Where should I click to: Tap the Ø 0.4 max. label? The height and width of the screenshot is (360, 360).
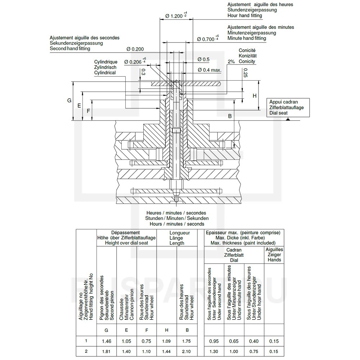[x=209, y=69]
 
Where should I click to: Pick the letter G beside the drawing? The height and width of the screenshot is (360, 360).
[x=69, y=100]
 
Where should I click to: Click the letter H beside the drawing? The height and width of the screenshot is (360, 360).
[x=254, y=96]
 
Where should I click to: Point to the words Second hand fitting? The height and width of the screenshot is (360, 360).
[x=70, y=48]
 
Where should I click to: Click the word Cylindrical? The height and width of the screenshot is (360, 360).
[x=105, y=73]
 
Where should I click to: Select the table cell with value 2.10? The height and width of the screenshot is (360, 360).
[x=187, y=351]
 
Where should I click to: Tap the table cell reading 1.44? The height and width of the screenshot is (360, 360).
[x=167, y=351]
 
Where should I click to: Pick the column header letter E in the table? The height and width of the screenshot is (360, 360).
[x=126, y=330]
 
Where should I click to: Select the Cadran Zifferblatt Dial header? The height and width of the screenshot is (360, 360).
[x=234, y=255]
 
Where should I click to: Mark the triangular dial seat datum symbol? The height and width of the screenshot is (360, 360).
[x=289, y=119]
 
